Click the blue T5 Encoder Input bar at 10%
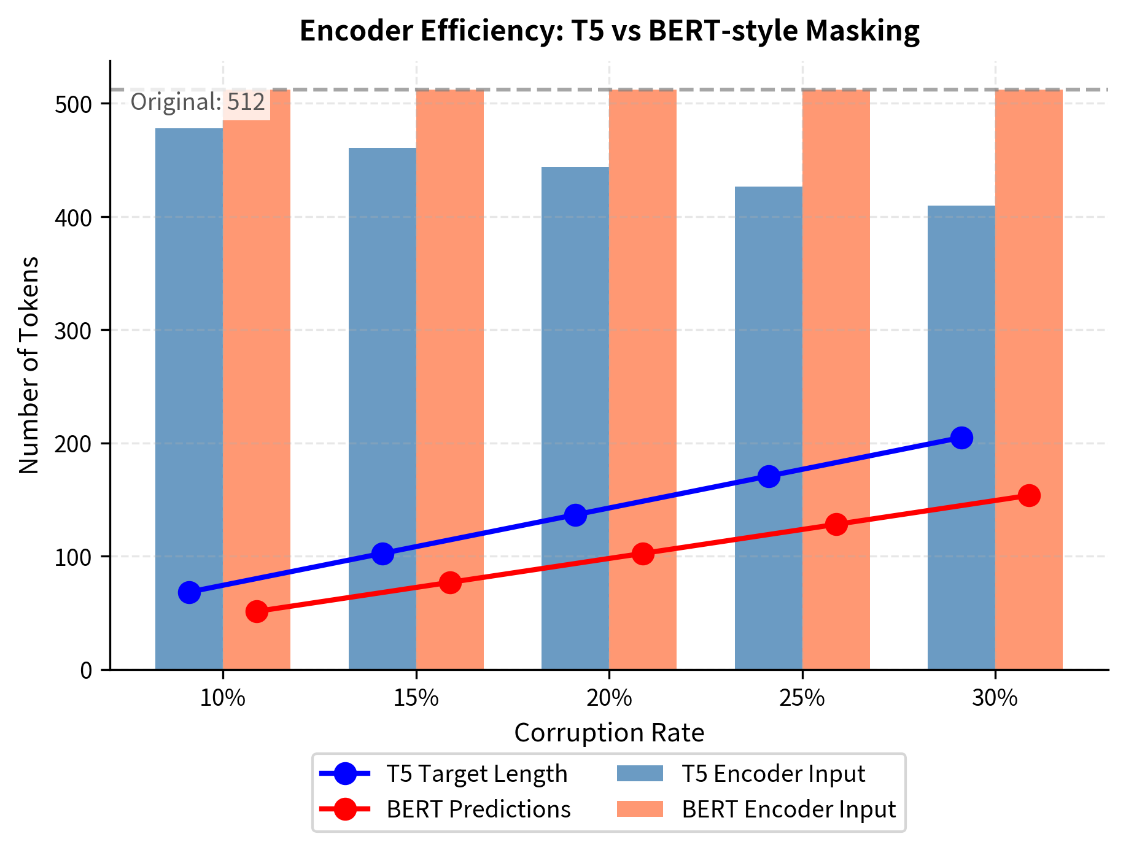click(189, 368)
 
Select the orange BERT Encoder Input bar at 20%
click(643, 307)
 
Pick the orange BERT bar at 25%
click(836, 307)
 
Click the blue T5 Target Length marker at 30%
click(961, 438)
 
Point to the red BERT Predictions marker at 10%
click(257, 611)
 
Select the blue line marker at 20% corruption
click(575, 515)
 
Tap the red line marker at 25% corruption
click(836, 524)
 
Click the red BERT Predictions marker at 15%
click(450, 582)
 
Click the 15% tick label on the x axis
click(416, 698)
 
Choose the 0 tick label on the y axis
click(86, 670)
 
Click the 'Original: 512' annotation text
click(198, 102)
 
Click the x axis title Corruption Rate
click(609, 733)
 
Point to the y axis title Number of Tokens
click(29, 365)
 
